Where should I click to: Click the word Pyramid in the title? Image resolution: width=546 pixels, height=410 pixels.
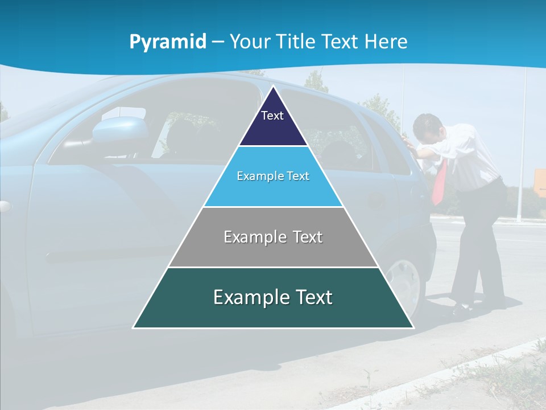click(x=168, y=42)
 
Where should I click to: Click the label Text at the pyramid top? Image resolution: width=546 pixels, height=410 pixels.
click(x=272, y=116)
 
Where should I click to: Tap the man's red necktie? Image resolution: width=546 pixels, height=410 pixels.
click(x=440, y=182)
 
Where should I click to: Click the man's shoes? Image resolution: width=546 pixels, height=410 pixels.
click(x=464, y=311)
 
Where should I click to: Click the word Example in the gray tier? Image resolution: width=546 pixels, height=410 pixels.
click(x=249, y=237)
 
